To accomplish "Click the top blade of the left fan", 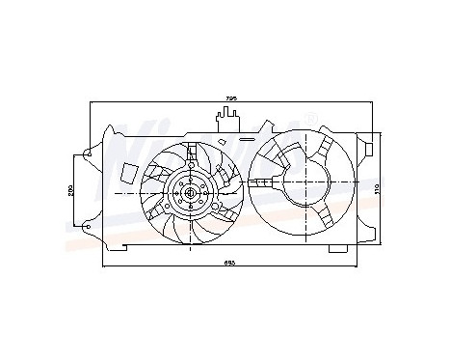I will tap(193, 154).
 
